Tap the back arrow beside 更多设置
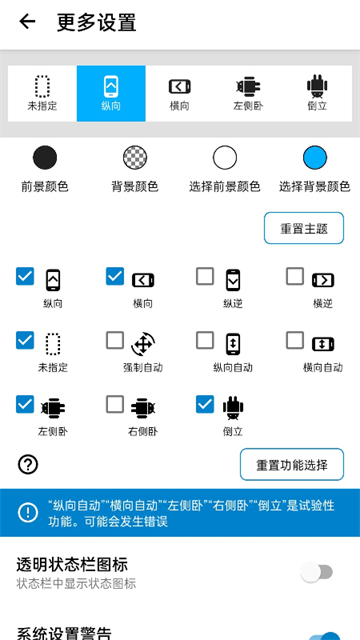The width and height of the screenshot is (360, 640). [27, 22]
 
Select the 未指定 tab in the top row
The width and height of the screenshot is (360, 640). [42, 93]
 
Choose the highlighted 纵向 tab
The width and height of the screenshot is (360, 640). [111, 93]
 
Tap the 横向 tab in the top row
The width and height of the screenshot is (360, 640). [179, 93]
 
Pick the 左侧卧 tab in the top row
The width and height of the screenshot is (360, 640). [248, 93]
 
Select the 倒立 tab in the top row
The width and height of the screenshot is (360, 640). [317, 93]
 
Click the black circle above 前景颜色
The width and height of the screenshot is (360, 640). [45, 157]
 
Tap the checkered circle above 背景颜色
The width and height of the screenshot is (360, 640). [135, 157]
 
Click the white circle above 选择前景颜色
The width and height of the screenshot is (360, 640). [225, 157]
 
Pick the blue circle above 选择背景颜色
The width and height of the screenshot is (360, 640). [315, 157]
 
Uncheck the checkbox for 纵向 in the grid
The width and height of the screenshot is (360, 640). [25, 276]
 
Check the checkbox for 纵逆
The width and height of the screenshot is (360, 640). [205, 276]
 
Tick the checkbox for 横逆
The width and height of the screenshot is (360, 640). [295, 276]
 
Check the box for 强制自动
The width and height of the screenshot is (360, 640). [115, 340]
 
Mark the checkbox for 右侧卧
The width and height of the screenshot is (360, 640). [115, 404]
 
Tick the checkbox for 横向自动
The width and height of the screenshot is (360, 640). [295, 340]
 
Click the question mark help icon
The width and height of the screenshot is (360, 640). [28, 464]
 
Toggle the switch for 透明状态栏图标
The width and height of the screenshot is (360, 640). [317, 572]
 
